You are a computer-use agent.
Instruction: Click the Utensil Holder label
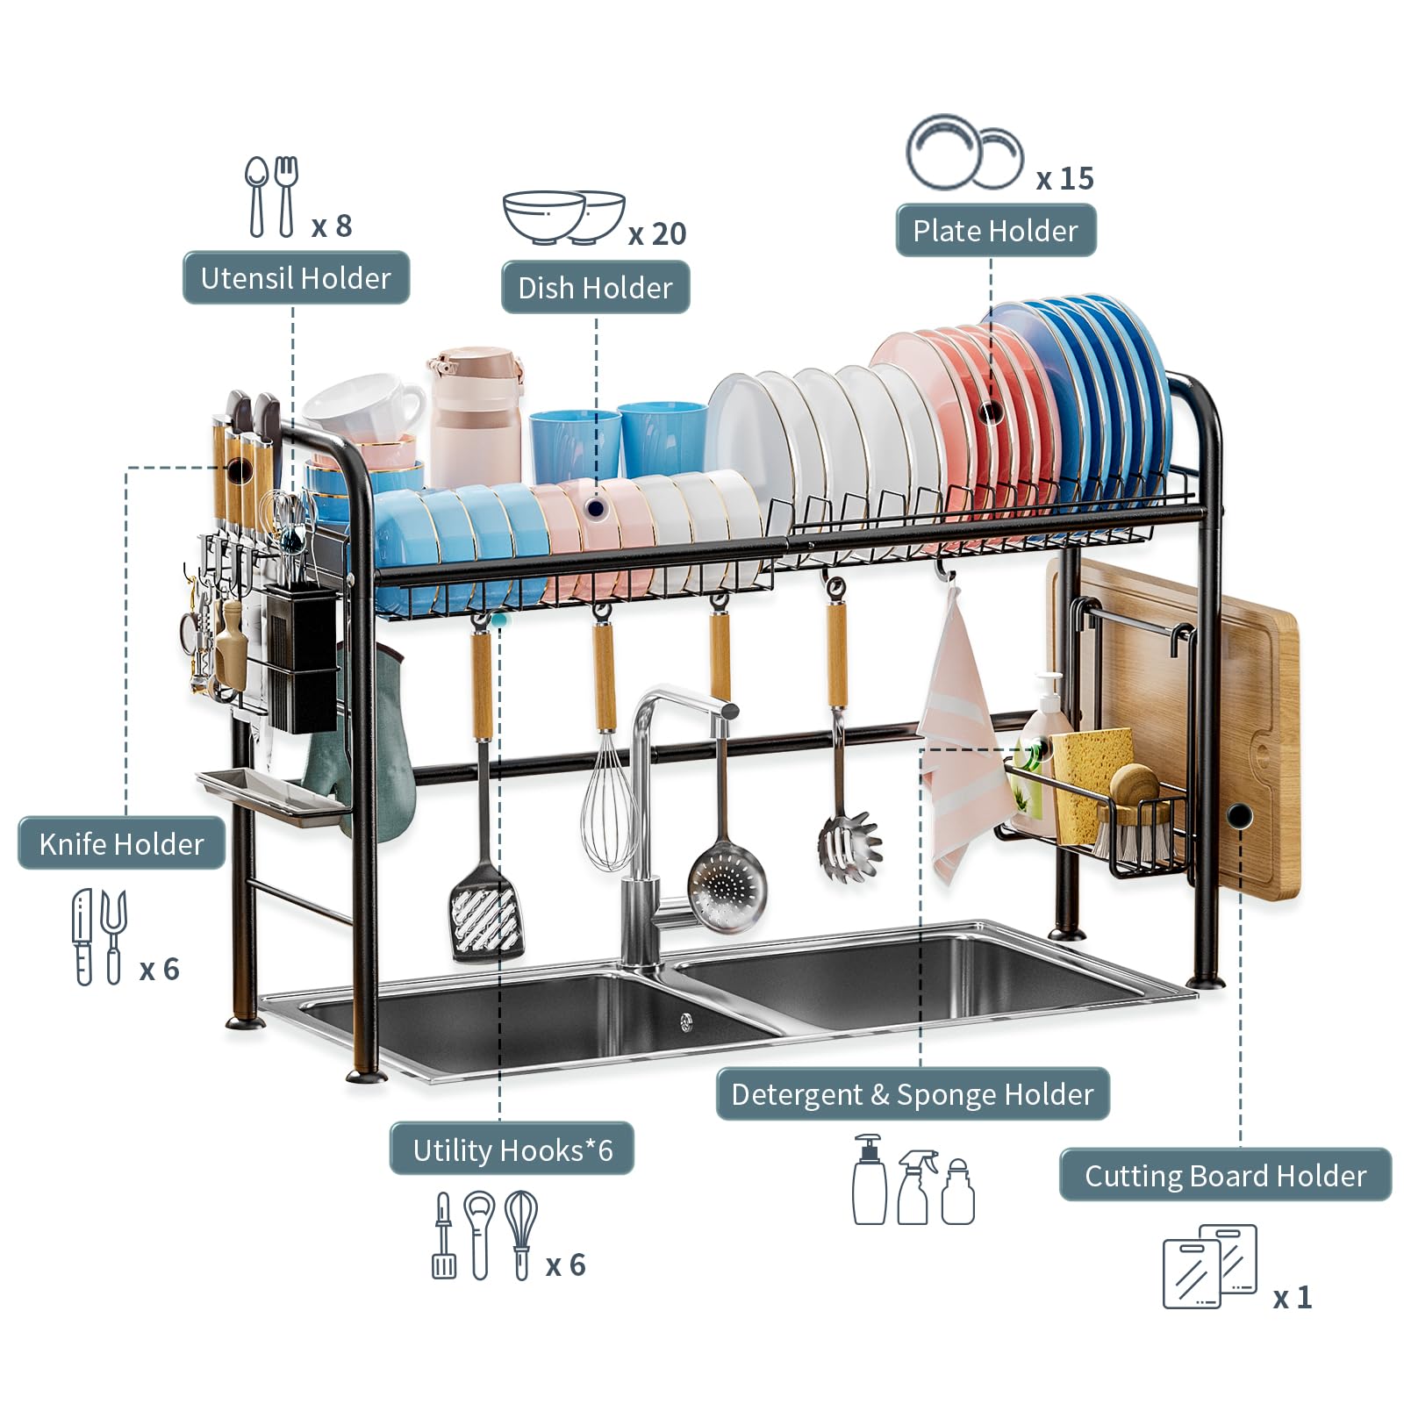(296, 278)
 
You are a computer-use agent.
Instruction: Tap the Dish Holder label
(595, 288)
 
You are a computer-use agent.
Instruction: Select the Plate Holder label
(996, 231)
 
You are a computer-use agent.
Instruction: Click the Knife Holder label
(121, 844)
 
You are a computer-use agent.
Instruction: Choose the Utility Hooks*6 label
(512, 1150)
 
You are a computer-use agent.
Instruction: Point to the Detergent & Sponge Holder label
(913, 1094)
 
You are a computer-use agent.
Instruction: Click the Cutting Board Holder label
(1226, 1176)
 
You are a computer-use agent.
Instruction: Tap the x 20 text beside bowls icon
(657, 234)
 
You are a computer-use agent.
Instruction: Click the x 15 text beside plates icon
(1065, 179)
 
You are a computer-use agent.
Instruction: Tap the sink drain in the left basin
(686, 1021)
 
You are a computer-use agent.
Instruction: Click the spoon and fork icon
(272, 197)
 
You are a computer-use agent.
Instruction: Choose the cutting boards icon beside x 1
(1210, 1266)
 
